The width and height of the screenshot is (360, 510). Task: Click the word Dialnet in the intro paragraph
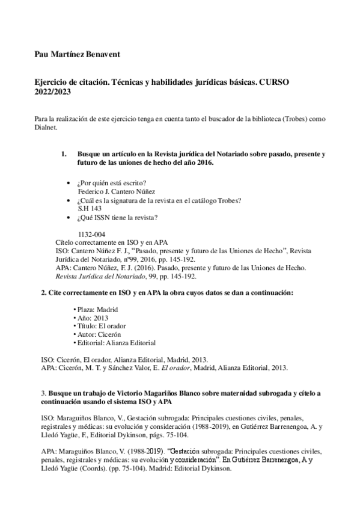(x=46, y=127)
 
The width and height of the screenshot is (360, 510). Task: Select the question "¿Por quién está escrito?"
(x=112, y=183)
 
